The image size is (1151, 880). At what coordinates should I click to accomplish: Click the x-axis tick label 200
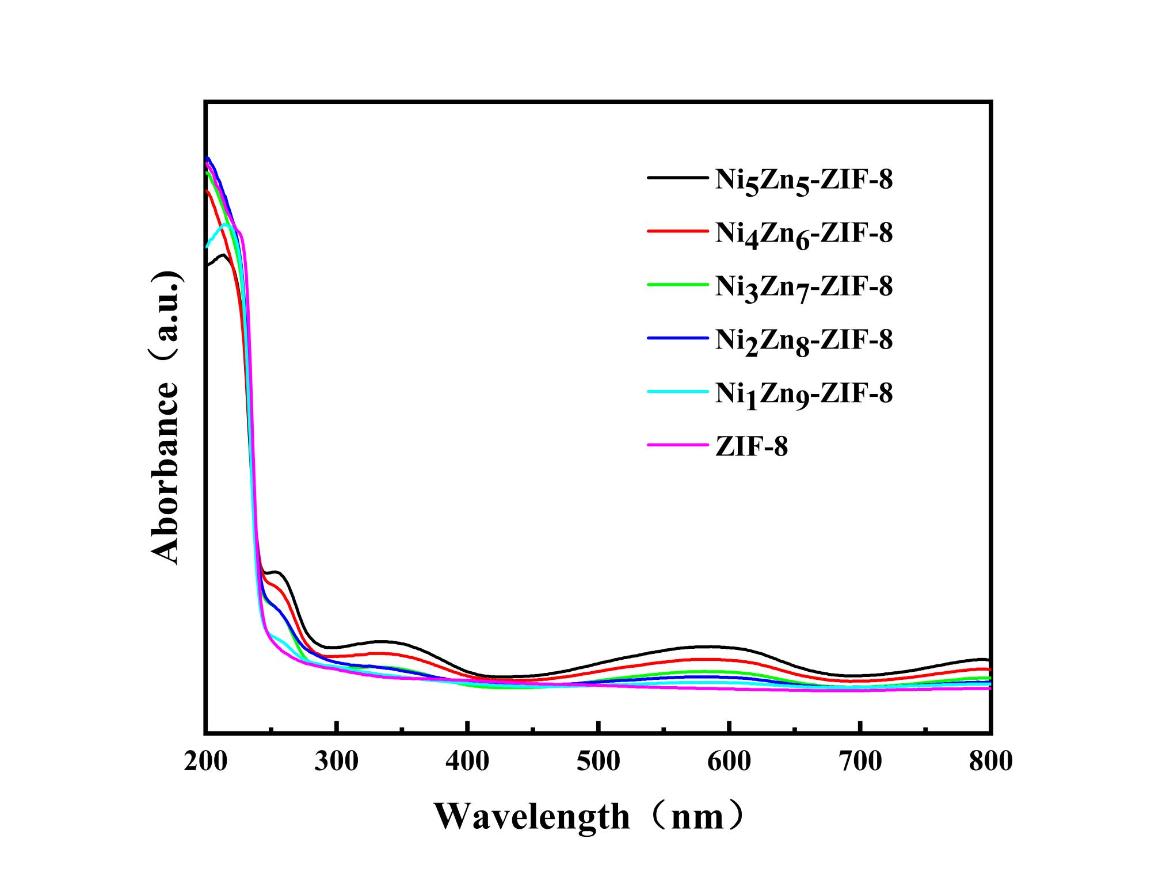[x=206, y=762]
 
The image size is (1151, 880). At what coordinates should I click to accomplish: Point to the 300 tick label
[x=337, y=762]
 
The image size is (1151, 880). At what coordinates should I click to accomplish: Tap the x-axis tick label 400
[x=467, y=762]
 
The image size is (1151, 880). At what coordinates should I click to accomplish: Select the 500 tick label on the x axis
[x=599, y=762]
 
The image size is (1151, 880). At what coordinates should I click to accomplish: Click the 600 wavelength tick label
[x=729, y=762]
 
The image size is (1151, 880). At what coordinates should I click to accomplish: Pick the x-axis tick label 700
[x=860, y=762]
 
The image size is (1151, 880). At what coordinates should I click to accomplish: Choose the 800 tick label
[x=990, y=762]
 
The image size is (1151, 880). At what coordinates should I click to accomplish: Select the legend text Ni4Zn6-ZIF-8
[x=804, y=234]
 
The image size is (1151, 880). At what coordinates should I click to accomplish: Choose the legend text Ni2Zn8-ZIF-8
[x=804, y=340]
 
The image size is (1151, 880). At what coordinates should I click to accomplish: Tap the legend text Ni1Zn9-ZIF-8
[x=804, y=393]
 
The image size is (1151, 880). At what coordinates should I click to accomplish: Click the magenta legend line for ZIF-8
[x=677, y=445]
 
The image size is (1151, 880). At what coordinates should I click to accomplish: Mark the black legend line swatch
[x=677, y=178]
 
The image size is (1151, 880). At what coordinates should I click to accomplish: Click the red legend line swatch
[x=677, y=231]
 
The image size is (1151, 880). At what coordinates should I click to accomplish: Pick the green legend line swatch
[x=677, y=284]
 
